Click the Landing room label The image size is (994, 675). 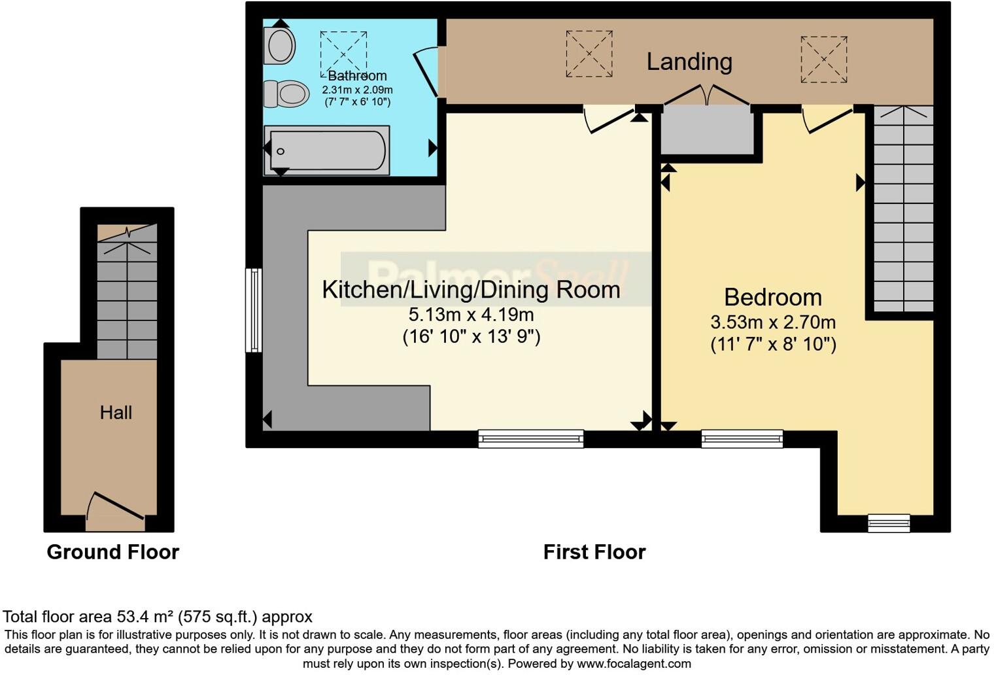689,61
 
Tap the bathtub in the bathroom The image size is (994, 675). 327,151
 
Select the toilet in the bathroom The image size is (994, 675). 286,94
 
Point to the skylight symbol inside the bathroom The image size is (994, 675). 343,54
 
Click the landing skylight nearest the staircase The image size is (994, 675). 823,60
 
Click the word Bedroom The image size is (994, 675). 772,297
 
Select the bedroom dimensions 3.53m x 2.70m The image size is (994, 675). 772,322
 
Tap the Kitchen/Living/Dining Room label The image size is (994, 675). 471,289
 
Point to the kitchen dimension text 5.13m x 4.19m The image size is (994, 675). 471,315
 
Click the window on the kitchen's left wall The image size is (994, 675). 254,310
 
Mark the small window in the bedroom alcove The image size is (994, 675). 888,523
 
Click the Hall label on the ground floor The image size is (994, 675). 116,413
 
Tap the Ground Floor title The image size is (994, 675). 112,552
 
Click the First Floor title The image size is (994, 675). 594,552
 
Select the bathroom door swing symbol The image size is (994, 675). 426,72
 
